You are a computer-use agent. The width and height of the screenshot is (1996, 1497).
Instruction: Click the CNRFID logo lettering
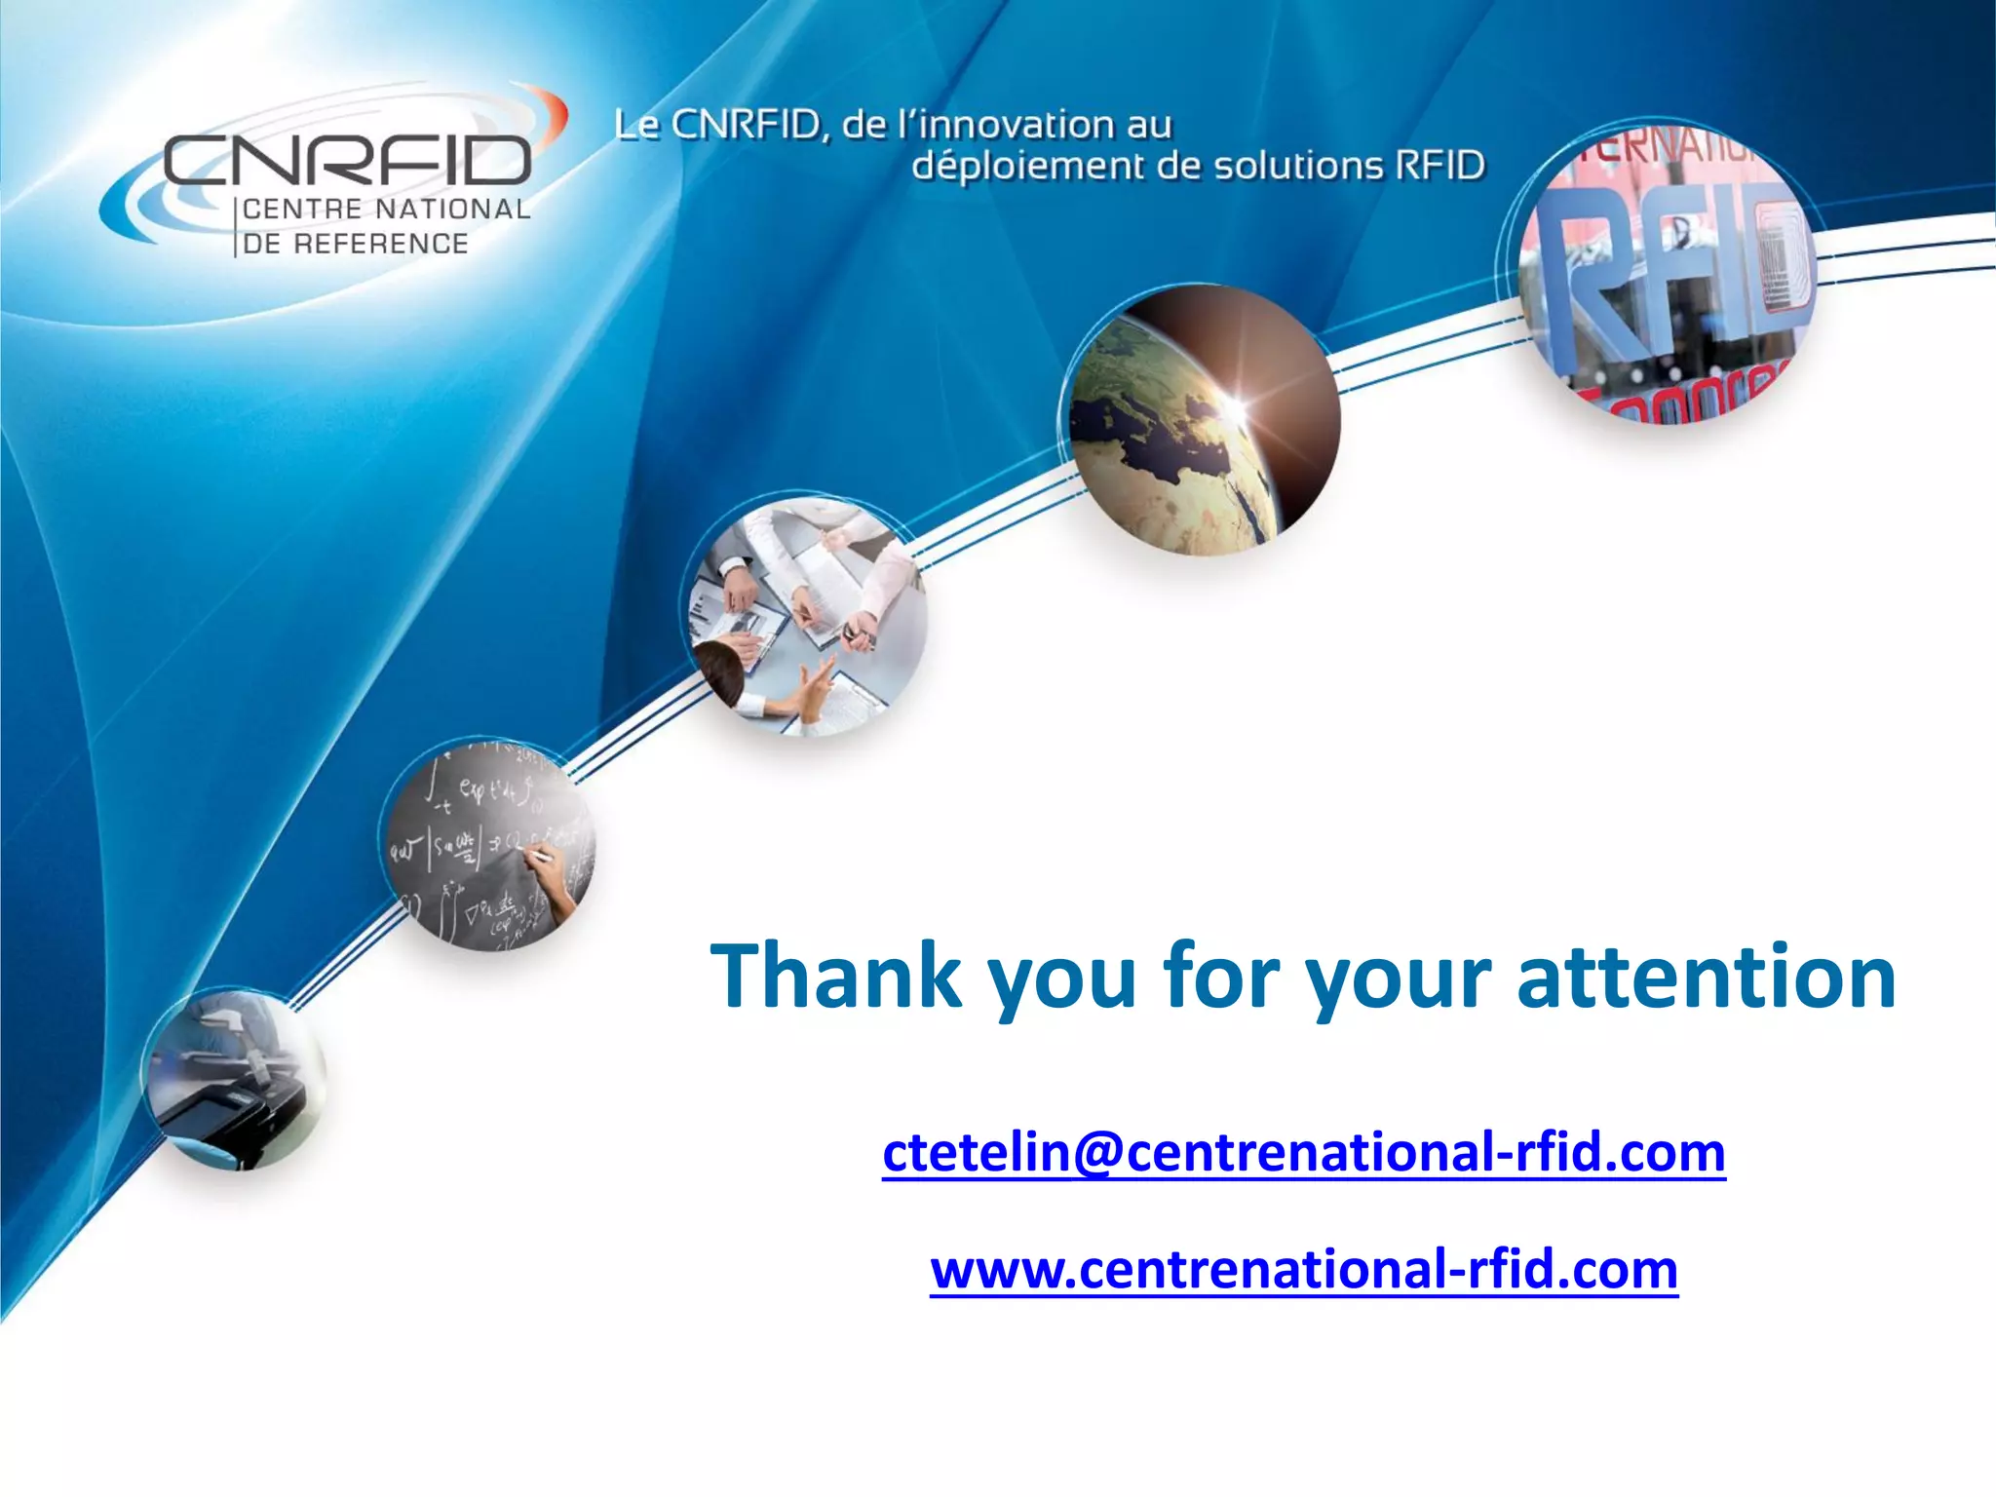coord(347,161)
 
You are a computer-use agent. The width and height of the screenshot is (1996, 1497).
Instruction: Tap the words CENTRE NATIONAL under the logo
coord(386,210)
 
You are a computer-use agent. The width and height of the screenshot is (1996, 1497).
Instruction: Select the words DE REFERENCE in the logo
coord(356,244)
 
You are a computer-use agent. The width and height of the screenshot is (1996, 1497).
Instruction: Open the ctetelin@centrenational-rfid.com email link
coord(1303,1152)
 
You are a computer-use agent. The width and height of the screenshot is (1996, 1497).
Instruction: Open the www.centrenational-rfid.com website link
coord(1303,1269)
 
